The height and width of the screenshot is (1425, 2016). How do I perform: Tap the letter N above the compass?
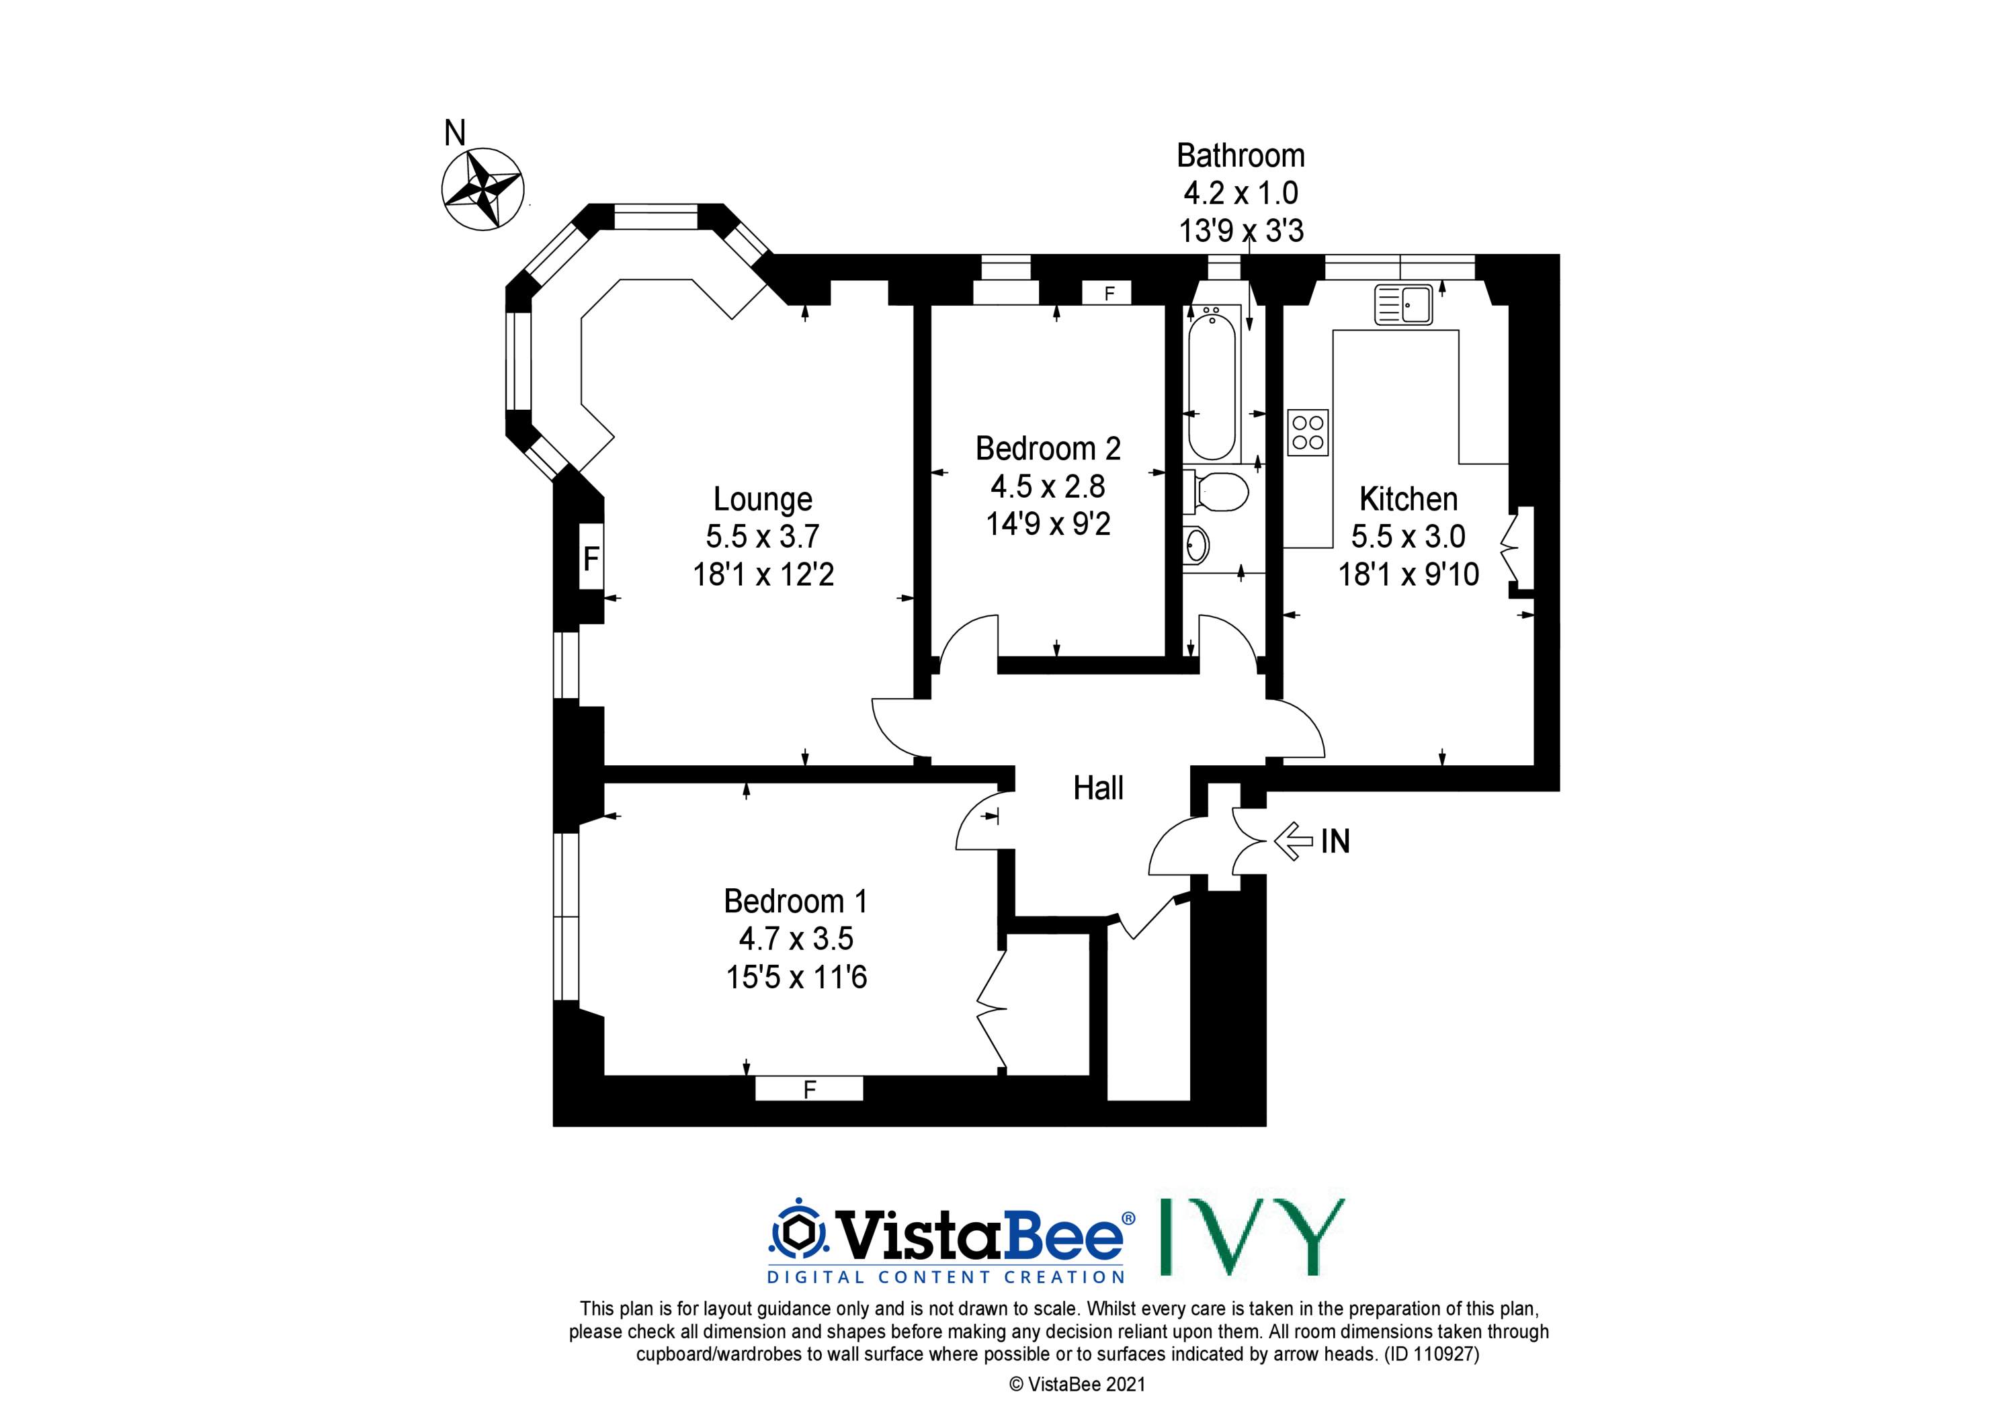pyautogui.click(x=455, y=134)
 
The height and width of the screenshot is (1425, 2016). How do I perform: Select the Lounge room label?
pyautogui.click(x=762, y=499)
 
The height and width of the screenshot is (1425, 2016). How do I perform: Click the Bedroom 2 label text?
pyautogui.click(x=1048, y=449)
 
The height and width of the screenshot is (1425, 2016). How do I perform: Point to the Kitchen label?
pyautogui.click(x=1409, y=499)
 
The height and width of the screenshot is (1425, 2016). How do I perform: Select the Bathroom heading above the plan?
pyautogui.click(x=1241, y=155)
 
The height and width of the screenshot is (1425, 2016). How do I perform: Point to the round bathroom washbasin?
pyautogui.click(x=1197, y=546)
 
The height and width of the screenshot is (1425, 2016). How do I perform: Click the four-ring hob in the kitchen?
pyautogui.click(x=1308, y=433)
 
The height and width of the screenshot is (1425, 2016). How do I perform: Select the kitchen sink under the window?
pyautogui.click(x=1403, y=304)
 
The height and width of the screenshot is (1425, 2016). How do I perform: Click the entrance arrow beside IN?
pyautogui.click(x=1292, y=841)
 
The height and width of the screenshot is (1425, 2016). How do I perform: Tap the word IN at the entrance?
pyautogui.click(x=1335, y=842)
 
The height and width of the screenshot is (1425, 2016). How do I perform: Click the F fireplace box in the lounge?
pyautogui.click(x=591, y=558)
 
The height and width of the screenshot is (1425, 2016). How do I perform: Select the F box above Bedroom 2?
pyautogui.click(x=1109, y=293)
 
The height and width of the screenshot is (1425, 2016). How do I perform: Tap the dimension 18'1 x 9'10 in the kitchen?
pyautogui.click(x=1409, y=574)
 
